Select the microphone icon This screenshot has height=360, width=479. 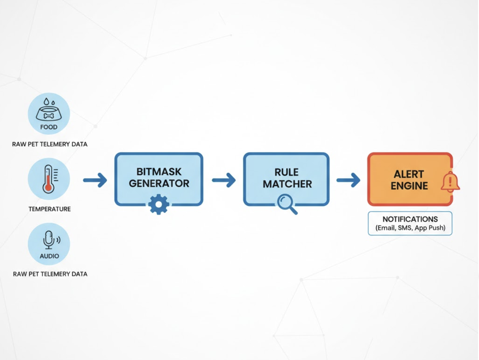click(x=49, y=240)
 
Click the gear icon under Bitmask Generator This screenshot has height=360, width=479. click(x=159, y=204)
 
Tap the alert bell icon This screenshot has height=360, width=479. click(x=450, y=182)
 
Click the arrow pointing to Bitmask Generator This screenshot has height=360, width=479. click(x=95, y=180)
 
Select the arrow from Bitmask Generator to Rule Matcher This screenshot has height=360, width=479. click(x=224, y=180)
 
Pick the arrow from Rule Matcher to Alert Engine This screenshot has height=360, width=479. click(x=348, y=180)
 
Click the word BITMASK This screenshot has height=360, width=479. click(x=159, y=172)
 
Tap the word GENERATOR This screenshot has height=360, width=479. click(x=159, y=183)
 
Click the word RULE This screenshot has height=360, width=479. click(x=286, y=172)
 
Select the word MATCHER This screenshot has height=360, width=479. click(x=287, y=184)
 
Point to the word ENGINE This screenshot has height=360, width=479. click(x=409, y=186)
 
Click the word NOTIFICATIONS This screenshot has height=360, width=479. click(x=410, y=219)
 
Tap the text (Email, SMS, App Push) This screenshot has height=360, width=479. click(x=410, y=228)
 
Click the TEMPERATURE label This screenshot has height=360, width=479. click(x=49, y=209)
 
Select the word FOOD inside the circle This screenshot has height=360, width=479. click(x=49, y=127)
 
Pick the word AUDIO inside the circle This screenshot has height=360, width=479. click(x=49, y=256)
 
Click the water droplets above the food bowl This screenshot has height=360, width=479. click(x=49, y=102)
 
